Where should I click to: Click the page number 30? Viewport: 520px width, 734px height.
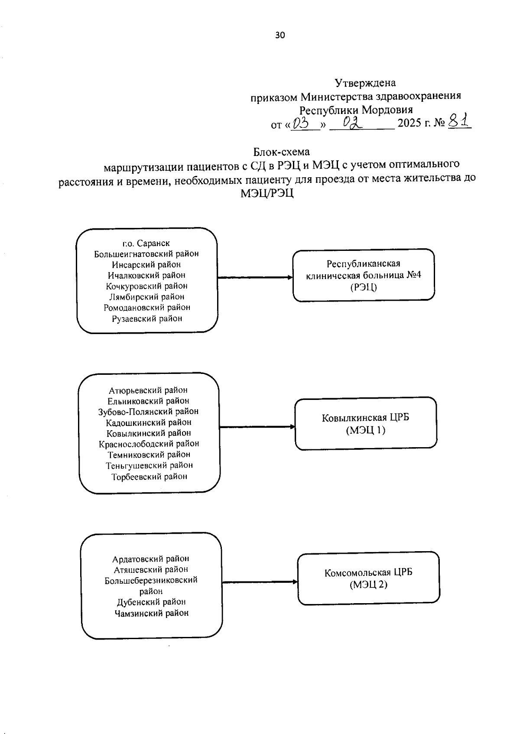[x=280, y=36]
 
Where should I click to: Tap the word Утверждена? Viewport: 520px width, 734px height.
[x=365, y=82]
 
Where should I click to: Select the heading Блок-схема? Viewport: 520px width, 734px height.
[x=282, y=152]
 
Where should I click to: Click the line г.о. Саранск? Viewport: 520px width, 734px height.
[x=146, y=243]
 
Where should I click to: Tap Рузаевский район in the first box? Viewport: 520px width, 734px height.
[x=147, y=318]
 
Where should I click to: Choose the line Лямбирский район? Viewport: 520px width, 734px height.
[x=147, y=297]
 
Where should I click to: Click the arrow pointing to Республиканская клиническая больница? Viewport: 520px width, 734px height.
[x=255, y=277]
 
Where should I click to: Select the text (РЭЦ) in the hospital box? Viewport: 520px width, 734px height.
[x=364, y=286]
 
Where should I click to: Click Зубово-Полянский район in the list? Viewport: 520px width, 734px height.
[x=149, y=411]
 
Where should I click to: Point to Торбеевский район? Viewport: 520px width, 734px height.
[x=149, y=476]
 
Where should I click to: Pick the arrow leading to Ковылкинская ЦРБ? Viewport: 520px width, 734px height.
[x=257, y=427]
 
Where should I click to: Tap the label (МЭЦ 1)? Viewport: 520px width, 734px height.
[x=366, y=430]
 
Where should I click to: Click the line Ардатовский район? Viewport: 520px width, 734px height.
[x=151, y=559]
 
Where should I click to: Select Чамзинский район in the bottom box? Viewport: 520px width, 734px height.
[x=152, y=613]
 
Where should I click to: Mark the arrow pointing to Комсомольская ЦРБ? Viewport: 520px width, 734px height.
[x=260, y=582]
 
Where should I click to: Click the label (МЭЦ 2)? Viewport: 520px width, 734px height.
[x=368, y=585]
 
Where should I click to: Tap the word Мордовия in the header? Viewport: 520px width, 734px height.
[x=387, y=110]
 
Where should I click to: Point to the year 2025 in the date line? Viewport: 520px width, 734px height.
[x=409, y=123]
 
